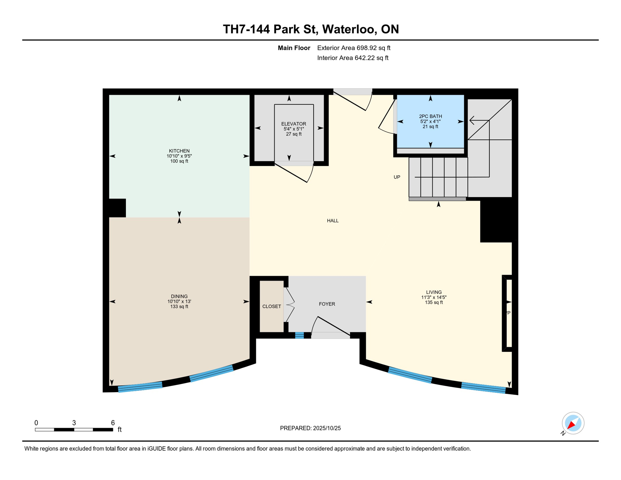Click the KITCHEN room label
(x=179, y=151)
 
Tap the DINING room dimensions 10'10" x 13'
(x=179, y=302)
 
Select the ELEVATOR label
(x=293, y=124)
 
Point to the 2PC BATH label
(x=430, y=116)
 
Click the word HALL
(x=332, y=221)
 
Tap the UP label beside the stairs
(x=396, y=177)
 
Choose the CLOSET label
(x=271, y=307)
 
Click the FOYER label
(x=327, y=304)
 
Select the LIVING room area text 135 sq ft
(x=434, y=302)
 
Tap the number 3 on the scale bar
(x=74, y=423)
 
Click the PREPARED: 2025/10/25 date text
(x=310, y=428)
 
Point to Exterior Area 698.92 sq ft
(x=353, y=48)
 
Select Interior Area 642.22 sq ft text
(x=352, y=58)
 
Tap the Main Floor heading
(x=294, y=48)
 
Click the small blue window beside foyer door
(x=299, y=335)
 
